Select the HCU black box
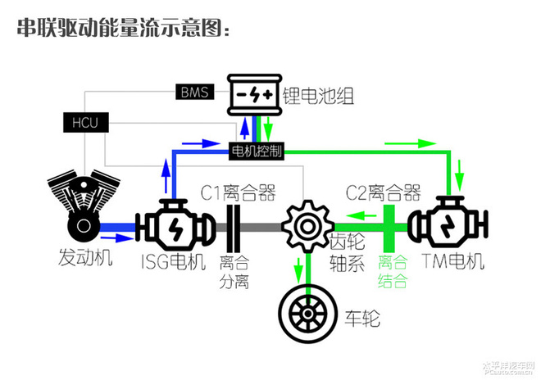point(85,123)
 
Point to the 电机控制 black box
point(257,151)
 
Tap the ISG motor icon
point(174,223)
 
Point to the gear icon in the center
point(307,224)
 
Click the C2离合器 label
point(383,193)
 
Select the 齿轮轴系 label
point(345,253)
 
